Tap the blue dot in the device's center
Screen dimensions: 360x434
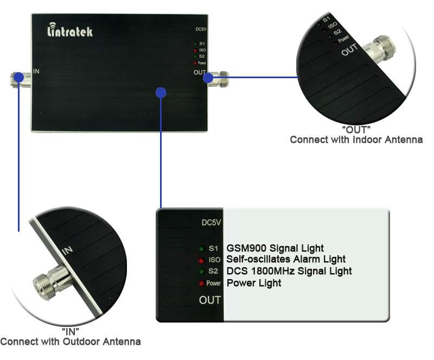(x=160, y=93)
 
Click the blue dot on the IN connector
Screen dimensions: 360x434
(x=18, y=79)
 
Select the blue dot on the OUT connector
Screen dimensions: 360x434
(x=208, y=78)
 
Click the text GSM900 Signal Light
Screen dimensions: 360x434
(x=275, y=249)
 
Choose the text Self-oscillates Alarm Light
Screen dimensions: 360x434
(x=286, y=260)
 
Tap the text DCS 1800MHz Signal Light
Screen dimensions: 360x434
(x=289, y=271)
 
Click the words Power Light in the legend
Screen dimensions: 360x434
(x=254, y=283)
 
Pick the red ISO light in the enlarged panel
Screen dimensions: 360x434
(x=201, y=260)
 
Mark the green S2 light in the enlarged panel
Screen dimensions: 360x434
(x=201, y=271)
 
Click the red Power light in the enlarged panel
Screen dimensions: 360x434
(x=201, y=283)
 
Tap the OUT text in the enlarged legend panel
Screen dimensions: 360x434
(x=210, y=300)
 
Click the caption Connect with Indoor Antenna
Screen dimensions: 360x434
(x=356, y=140)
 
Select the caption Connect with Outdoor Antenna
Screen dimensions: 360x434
(x=71, y=342)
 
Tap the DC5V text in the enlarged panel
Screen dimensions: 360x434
(x=211, y=223)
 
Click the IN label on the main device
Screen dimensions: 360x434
(x=37, y=71)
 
